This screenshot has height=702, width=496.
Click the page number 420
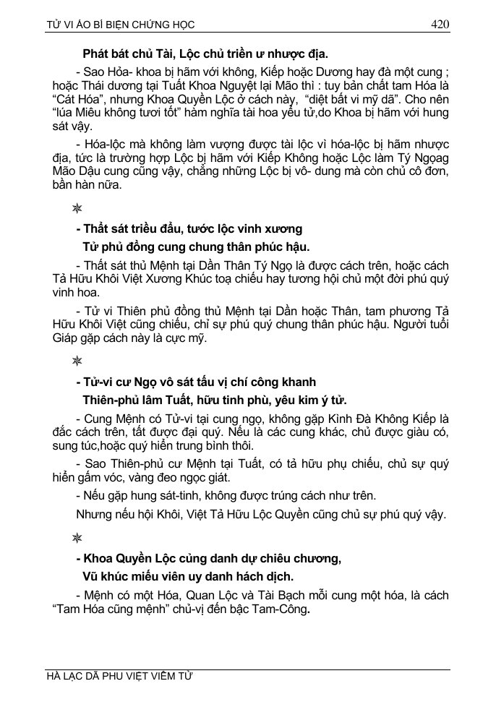tap(440, 24)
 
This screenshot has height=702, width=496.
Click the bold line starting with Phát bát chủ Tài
tap(205, 53)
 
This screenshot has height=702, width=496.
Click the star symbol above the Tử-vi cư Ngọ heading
tap(77, 360)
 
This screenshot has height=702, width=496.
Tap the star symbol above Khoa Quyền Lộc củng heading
tap(77, 538)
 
